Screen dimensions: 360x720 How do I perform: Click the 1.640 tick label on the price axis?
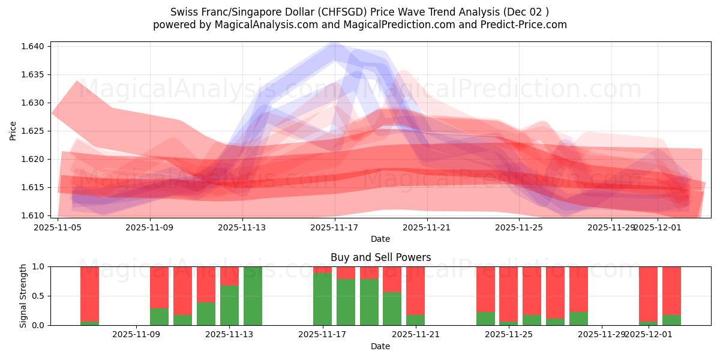click(x=34, y=47)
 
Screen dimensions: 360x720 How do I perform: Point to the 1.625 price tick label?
click(x=34, y=131)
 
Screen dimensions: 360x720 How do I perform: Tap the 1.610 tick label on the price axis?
click(x=34, y=215)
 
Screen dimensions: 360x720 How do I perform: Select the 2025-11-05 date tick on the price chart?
click(x=58, y=227)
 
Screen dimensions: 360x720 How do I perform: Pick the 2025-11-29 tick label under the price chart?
click(x=611, y=227)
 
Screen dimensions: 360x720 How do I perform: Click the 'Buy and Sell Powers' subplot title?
click(x=380, y=257)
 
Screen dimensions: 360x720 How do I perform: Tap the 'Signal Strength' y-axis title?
click(x=23, y=296)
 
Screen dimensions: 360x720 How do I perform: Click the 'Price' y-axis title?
click(x=13, y=130)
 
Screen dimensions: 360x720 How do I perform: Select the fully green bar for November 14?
click(x=253, y=296)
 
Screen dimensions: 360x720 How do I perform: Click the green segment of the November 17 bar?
click(x=322, y=299)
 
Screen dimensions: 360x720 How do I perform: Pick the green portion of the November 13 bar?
click(x=229, y=305)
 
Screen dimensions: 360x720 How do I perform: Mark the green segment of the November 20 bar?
click(x=392, y=308)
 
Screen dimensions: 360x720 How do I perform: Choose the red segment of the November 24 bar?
click(x=485, y=289)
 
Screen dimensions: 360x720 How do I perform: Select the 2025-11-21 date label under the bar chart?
click(x=415, y=335)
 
